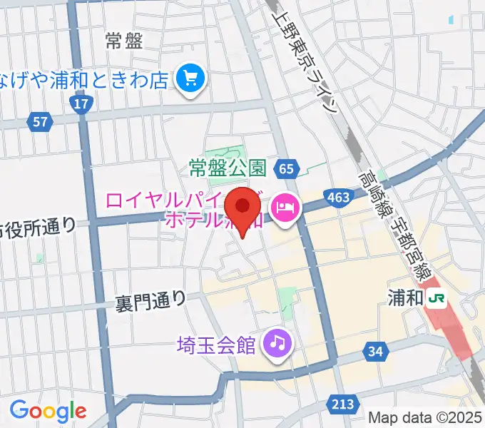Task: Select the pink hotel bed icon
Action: [286, 208]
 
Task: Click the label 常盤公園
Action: [228, 168]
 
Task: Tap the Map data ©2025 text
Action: [425, 417]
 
